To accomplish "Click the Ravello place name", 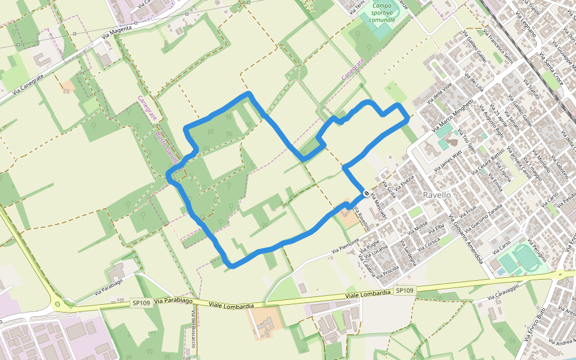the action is pos(436,196).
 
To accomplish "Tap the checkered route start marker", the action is pos(366,194).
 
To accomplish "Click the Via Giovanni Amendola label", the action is pos(466,239).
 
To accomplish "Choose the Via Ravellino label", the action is pos(362,220).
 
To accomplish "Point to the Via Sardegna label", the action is pos(406,256).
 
